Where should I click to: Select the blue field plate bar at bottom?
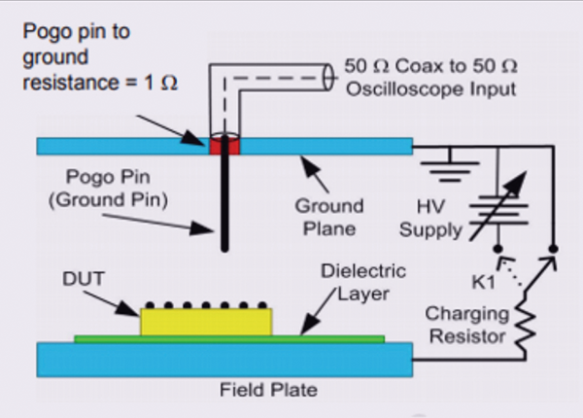[224, 362]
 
